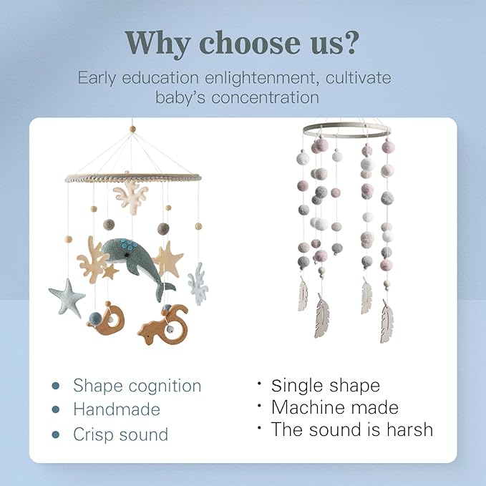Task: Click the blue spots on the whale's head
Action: pos(128,247)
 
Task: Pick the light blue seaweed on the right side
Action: pos(198,282)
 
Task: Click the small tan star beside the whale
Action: pos(110,271)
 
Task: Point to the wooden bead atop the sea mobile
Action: pos(132,130)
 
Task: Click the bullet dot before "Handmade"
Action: pos(55,410)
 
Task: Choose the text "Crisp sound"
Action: pos(120,434)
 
